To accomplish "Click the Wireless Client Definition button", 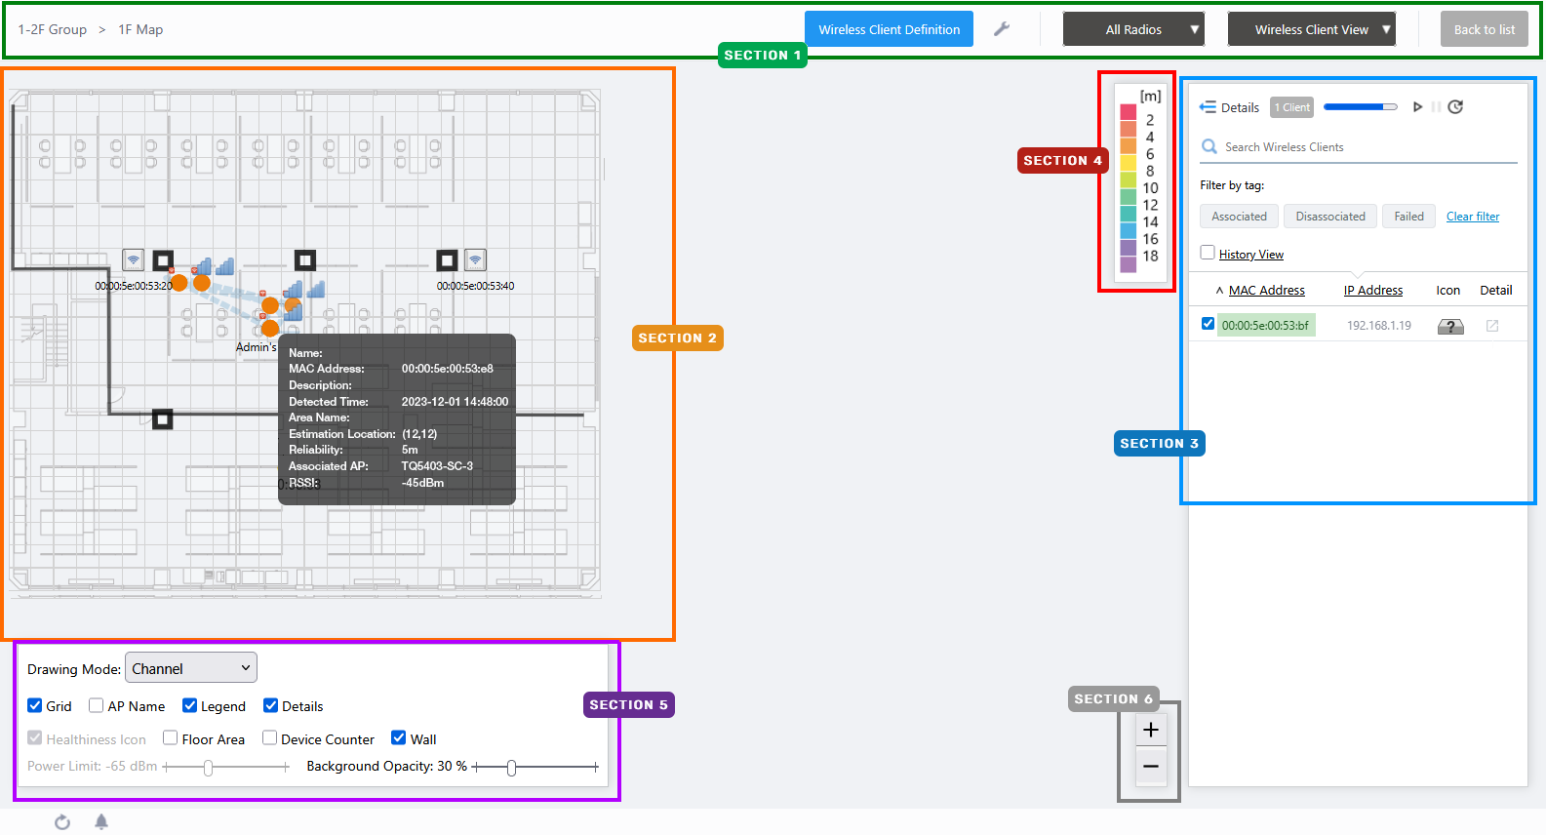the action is pos(889,29).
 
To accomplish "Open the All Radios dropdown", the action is pos(1133,29).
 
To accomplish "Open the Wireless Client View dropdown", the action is pos(1311,29).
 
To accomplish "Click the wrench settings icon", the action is pos(1002,29).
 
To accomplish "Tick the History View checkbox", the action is pos(1208,253).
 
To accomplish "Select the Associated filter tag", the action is pos(1239,216).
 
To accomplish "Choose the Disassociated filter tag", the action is pos(1330,216).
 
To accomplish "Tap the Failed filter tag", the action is pos(1408,216).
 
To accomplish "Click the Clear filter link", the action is pos(1473,216).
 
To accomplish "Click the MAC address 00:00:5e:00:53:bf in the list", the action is pos(1265,325).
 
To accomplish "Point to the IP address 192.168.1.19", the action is pos(1379,325).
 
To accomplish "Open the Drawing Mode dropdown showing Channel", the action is pos(191,668).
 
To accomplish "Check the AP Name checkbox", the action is pos(96,705).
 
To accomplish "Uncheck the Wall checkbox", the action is pos(398,737).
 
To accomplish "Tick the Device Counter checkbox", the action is pos(269,737).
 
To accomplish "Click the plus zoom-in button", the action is pos(1151,730).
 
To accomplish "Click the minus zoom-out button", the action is pos(1151,766).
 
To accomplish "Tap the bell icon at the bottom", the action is pos(101,821).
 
